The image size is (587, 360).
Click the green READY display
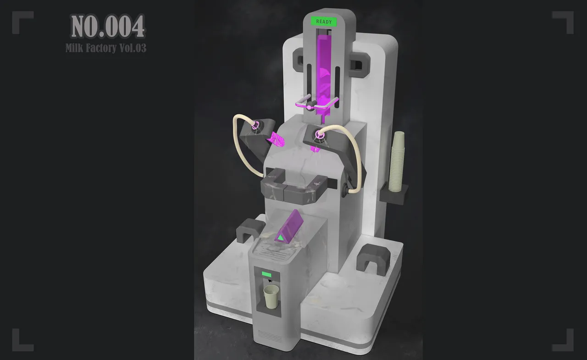pyautogui.click(x=324, y=22)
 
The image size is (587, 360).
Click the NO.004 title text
pyautogui.click(x=108, y=26)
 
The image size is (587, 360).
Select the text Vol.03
pyautogui.click(x=133, y=48)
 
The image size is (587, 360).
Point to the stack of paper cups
pyautogui.click(x=397, y=161)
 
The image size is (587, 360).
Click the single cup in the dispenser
pyautogui.click(x=271, y=296)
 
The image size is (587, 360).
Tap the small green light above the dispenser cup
pyautogui.click(x=266, y=275)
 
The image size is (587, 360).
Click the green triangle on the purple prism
pyautogui.click(x=281, y=238)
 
